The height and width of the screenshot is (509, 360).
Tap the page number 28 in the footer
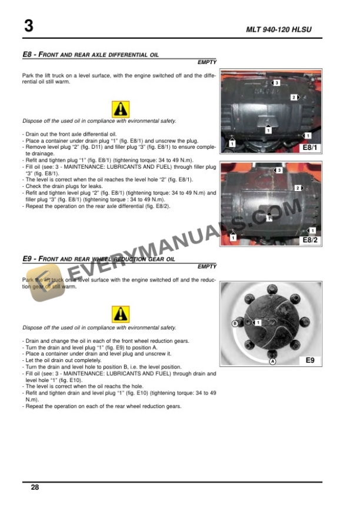(x=35, y=487)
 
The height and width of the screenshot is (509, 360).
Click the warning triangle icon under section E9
(x=120, y=314)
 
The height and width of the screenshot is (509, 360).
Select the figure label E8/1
(x=309, y=148)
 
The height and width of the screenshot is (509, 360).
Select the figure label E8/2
(x=309, y=240)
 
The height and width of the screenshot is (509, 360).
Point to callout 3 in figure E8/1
(x=276, y=83)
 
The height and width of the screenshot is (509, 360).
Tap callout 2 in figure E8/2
(x=298, y=188)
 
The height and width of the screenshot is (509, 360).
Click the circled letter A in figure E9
(x=272, y=362)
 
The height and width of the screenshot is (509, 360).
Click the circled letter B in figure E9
(x=235, y=323)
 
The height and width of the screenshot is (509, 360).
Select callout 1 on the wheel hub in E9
(x=257, y=323)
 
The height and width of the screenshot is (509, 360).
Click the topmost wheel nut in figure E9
(x=272, y=289)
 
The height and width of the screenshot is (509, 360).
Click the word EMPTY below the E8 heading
(x=206, y=62)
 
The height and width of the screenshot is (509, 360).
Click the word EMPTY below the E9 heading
(x=206, y=266)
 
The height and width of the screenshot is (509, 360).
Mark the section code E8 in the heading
(x=26, y=54)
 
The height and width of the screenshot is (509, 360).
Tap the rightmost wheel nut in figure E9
(x=307, y=323)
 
